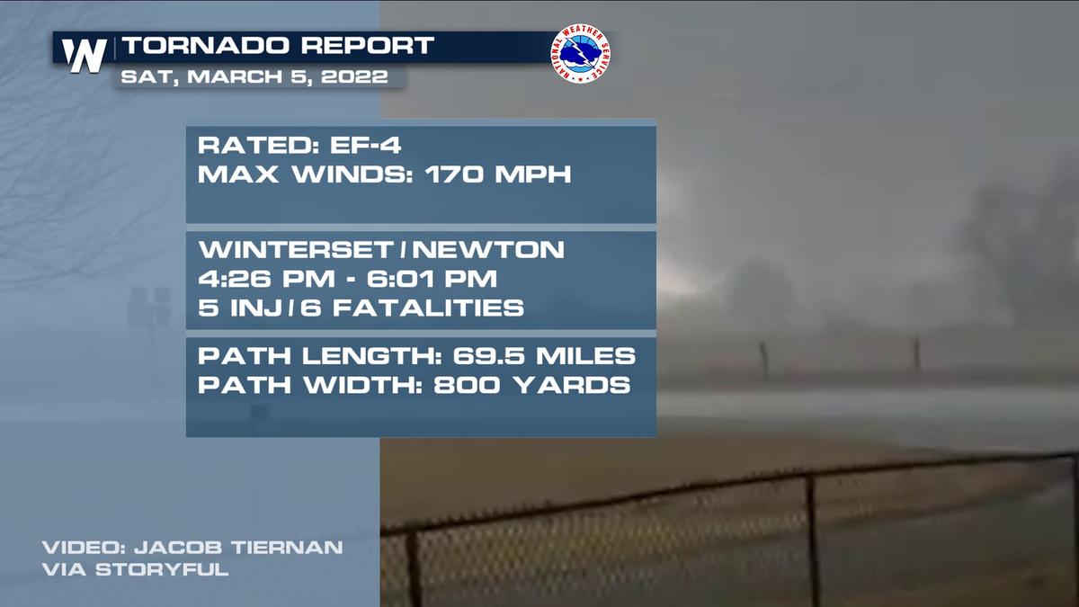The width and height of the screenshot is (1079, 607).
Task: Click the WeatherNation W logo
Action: tap(85, 54)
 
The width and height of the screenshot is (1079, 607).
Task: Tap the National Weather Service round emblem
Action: tap(580, 54)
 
